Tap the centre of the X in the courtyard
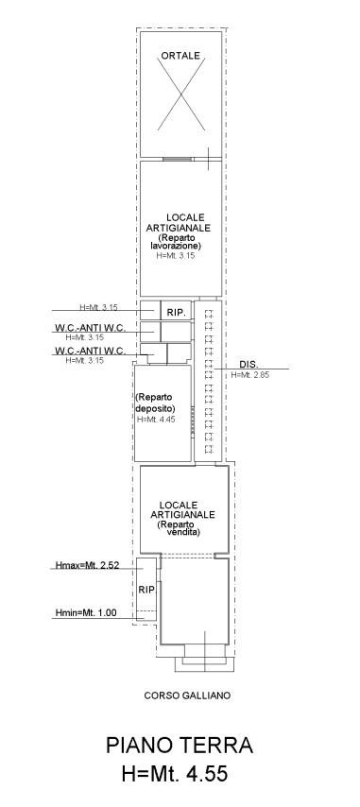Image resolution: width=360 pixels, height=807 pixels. [x=181, y=94]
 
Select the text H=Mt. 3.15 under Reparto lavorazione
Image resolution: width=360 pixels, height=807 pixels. [x=176, y=255]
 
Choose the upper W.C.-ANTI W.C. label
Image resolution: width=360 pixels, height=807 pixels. [x=90, y=327]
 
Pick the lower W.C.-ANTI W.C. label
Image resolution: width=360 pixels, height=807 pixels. [x=90, y=351]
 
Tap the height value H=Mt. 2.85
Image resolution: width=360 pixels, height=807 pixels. [x=250, y=374]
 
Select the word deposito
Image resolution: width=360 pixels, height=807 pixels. [x=156, y=408]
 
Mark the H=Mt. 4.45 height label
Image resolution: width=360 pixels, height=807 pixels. [x=156, y=420]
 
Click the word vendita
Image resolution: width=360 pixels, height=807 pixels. [x=183, y=533]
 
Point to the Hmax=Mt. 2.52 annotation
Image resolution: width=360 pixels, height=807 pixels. [x=88, y=565]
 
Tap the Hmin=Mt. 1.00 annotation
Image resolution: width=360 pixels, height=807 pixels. [x=86, y=612]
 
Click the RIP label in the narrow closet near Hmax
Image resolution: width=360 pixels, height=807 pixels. [x=146, y=590]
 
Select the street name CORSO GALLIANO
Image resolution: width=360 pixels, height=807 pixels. [x=187, y=695]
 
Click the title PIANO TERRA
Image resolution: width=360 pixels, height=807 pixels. [x=180, y=746]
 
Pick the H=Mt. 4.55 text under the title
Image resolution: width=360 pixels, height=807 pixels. [x=175, y=774]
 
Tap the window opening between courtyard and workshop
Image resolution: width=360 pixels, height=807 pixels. [x=178, y=159]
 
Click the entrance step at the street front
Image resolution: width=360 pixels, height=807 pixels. [x=205, y=665]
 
